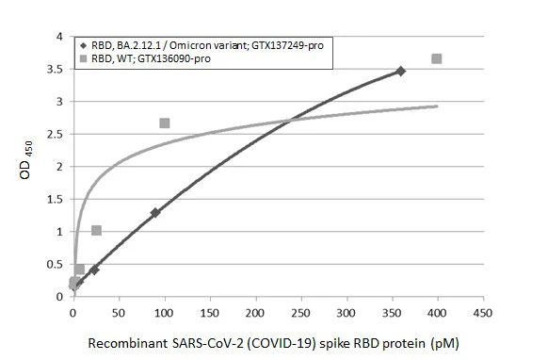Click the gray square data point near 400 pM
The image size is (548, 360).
[437, 59]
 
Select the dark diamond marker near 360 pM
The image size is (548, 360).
[400, 72]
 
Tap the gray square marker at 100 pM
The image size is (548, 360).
[165, 123]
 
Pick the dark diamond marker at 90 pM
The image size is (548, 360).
[155, 213]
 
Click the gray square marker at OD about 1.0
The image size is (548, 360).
[96, 230]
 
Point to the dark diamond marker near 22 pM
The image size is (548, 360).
[94, 270]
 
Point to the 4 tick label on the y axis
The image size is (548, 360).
[60, 37]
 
